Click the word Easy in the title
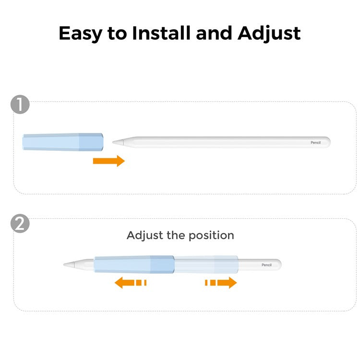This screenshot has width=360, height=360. click(80, 34)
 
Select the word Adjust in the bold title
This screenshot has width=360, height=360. click(269, 34)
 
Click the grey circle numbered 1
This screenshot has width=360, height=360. click(20, 105)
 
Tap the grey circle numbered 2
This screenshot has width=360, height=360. click(20, 224)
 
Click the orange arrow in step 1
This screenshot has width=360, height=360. click(109, 161)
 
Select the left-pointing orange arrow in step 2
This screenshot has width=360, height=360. click(131, 282)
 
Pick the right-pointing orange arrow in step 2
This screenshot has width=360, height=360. click(221, 282)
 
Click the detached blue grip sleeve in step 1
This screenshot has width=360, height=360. click(63, 142)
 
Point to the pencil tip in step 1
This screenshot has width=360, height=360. click(113, 143)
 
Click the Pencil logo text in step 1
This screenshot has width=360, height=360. click(315, 143)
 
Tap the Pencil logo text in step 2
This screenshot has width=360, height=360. click(266, 265)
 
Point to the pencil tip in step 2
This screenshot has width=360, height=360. click(64, 264)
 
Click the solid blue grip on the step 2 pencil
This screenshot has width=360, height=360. click(134, 264)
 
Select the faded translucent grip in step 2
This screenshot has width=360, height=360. click(206, 264)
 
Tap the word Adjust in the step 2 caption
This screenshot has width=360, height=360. click(145, 236)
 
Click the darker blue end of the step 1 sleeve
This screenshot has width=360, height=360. click(91, 142)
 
